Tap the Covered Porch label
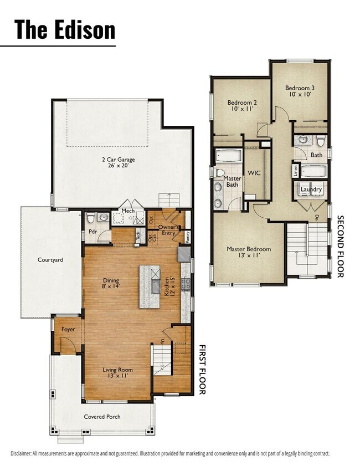pos(102,417)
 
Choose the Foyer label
pos(68,329)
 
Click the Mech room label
pos(128,211)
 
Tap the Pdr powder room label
pos(92,232)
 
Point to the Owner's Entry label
pos(168,230)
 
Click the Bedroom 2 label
pos(241,105)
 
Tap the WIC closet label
pos(254,173)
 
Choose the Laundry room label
pos(311,190)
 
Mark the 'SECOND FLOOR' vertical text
pos(341,247)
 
